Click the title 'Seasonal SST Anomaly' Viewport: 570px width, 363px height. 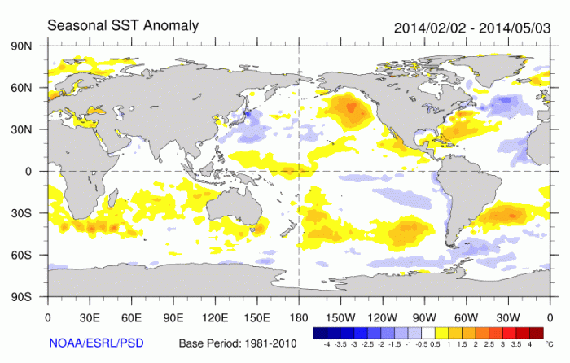(123, 25)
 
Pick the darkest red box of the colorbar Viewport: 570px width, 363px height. (535, 332)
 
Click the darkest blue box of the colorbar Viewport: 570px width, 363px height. (320, 332)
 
